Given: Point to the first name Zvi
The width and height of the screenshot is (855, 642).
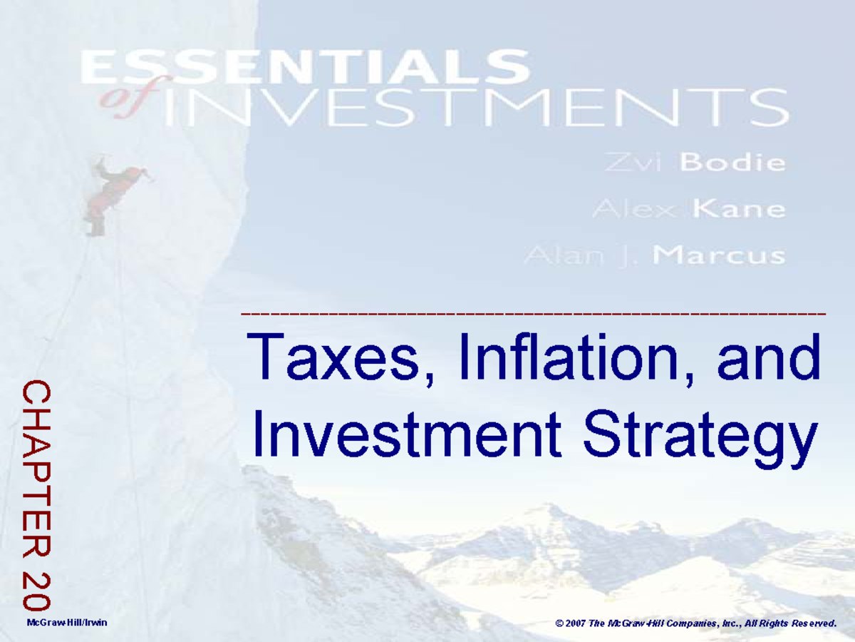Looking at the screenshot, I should (x=637, y=163).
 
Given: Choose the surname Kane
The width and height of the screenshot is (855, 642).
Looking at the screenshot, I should (x=740, y=209).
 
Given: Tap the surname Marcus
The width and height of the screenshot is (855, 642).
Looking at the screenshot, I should (x=720, y=255).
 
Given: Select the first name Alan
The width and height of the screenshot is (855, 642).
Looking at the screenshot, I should (x=555, y=255).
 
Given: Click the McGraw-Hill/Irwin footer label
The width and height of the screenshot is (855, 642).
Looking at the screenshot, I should (x=66, y=623).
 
